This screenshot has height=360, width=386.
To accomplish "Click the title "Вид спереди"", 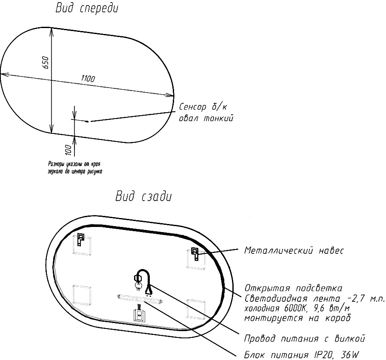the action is [87, 8].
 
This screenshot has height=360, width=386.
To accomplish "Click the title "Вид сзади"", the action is [143, 197].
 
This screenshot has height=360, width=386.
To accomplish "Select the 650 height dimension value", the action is [46, 62].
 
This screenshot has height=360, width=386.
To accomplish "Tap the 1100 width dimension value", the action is [88, 79].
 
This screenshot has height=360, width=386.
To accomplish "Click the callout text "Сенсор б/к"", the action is [203, 107].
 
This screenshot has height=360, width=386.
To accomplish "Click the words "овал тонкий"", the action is [206, 119].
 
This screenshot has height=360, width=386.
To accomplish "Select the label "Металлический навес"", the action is [294, 251].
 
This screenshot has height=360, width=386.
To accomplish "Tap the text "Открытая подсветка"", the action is [293, 288].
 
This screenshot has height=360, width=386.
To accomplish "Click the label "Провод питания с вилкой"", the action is [304, 339].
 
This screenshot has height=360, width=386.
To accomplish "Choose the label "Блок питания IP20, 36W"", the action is [302, 355].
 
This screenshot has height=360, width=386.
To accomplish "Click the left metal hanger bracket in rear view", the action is [81, 239].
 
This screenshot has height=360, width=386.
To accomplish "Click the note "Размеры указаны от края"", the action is [74, 164].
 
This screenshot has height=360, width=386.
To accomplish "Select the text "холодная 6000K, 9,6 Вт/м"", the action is [297, 309].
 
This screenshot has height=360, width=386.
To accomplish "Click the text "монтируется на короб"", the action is [297, 318].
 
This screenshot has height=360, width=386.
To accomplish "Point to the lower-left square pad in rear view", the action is [82, 295].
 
